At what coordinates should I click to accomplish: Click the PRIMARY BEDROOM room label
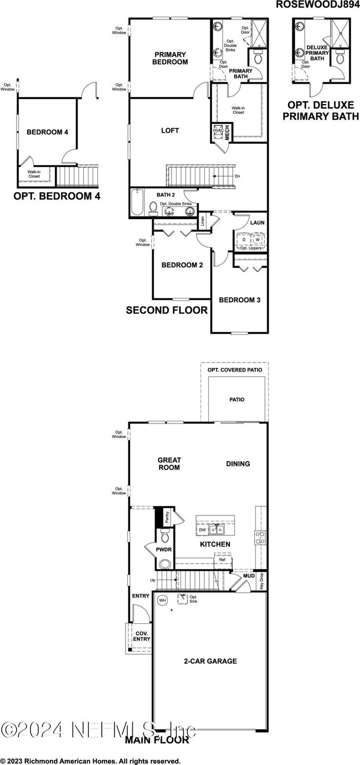(x=171, y=58)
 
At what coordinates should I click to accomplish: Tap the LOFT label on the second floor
(x=170, y=131)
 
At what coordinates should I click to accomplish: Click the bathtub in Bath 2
(x=137, y=203)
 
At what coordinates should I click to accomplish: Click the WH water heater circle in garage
(x=163, y=599)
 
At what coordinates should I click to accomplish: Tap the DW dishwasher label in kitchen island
(x=202, y=530)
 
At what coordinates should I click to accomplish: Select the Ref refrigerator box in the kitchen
(x=222, y=560)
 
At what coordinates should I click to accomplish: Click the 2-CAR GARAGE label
(x=210, y=661)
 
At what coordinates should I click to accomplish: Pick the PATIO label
(x=236, y=399)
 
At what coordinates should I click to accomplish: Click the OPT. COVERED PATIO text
(x=235, y=369)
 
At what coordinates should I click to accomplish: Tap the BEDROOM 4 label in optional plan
(x=47, y=132)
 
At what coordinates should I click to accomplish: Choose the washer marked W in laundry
(x=258, y=239)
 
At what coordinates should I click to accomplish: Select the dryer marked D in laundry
(x=244, y=239)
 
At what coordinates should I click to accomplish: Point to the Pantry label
(x=167, y=517)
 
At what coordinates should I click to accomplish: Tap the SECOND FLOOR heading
(x=167, y=311)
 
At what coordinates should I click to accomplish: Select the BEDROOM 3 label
(x=240, y=300)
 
